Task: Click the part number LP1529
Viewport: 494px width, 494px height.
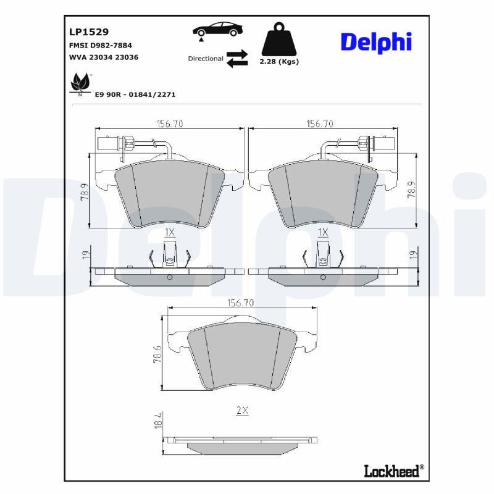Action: [89, 31]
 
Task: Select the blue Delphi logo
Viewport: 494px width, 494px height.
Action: [375, 42]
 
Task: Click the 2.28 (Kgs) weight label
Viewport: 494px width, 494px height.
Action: [280, 62]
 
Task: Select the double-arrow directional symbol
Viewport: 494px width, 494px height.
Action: [237, 58]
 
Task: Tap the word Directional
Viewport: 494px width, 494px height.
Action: [206, 59]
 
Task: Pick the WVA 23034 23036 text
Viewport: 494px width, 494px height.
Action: [104, 57]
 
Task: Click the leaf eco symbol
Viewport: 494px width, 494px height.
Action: [80, 83]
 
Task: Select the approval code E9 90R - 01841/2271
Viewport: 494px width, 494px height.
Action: [135, 94]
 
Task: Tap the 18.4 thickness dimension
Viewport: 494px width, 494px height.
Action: [158, 422]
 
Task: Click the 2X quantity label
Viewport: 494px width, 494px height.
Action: [241, 411]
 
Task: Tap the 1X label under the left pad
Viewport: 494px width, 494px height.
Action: [170, 232]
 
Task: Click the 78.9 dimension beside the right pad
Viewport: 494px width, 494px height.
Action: [411, 193]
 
